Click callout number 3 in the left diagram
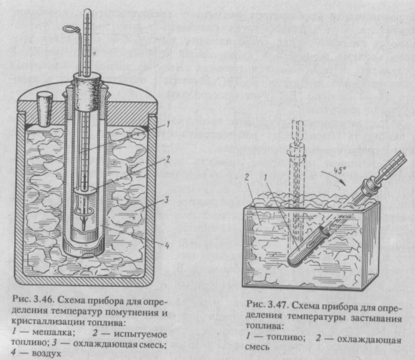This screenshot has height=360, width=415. pos(166,200)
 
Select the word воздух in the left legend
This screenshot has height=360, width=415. pos(45,354)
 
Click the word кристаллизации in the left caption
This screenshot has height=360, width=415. pos(44,322)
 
